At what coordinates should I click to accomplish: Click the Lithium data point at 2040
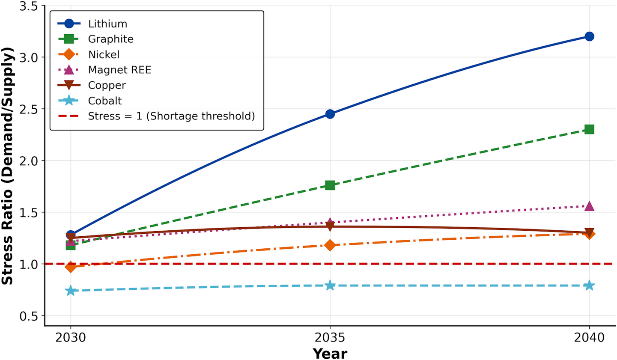click(x=589, y=36)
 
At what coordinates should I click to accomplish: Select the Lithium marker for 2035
click(x=330, y=114)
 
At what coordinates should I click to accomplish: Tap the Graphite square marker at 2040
click(x=589, y=129)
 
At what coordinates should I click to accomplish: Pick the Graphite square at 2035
click(x=330, y=185)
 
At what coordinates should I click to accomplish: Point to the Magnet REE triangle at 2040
click(x=589, y=206)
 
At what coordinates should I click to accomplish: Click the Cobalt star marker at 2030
click(x=71, y=291)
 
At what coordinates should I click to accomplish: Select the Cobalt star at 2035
click(x=330, y=286)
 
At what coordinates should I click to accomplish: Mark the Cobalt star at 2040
click(x=589, y=286)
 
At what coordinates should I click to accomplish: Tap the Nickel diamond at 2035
click(x=330, y=245)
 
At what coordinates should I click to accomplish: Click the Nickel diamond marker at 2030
click(x=71, y=267)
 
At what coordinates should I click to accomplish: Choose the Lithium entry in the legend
click(x=107, y=24)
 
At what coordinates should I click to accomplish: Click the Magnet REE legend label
click(x=119, y=70)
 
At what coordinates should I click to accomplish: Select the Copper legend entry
click(x=107, y=85)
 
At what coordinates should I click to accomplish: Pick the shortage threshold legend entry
click(x=171, y=116)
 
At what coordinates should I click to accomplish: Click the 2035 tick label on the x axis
click(x=330, y=338)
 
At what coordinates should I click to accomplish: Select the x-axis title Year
click(x=330, y=354)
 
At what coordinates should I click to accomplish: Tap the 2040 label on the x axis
click(x=589, y=338)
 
